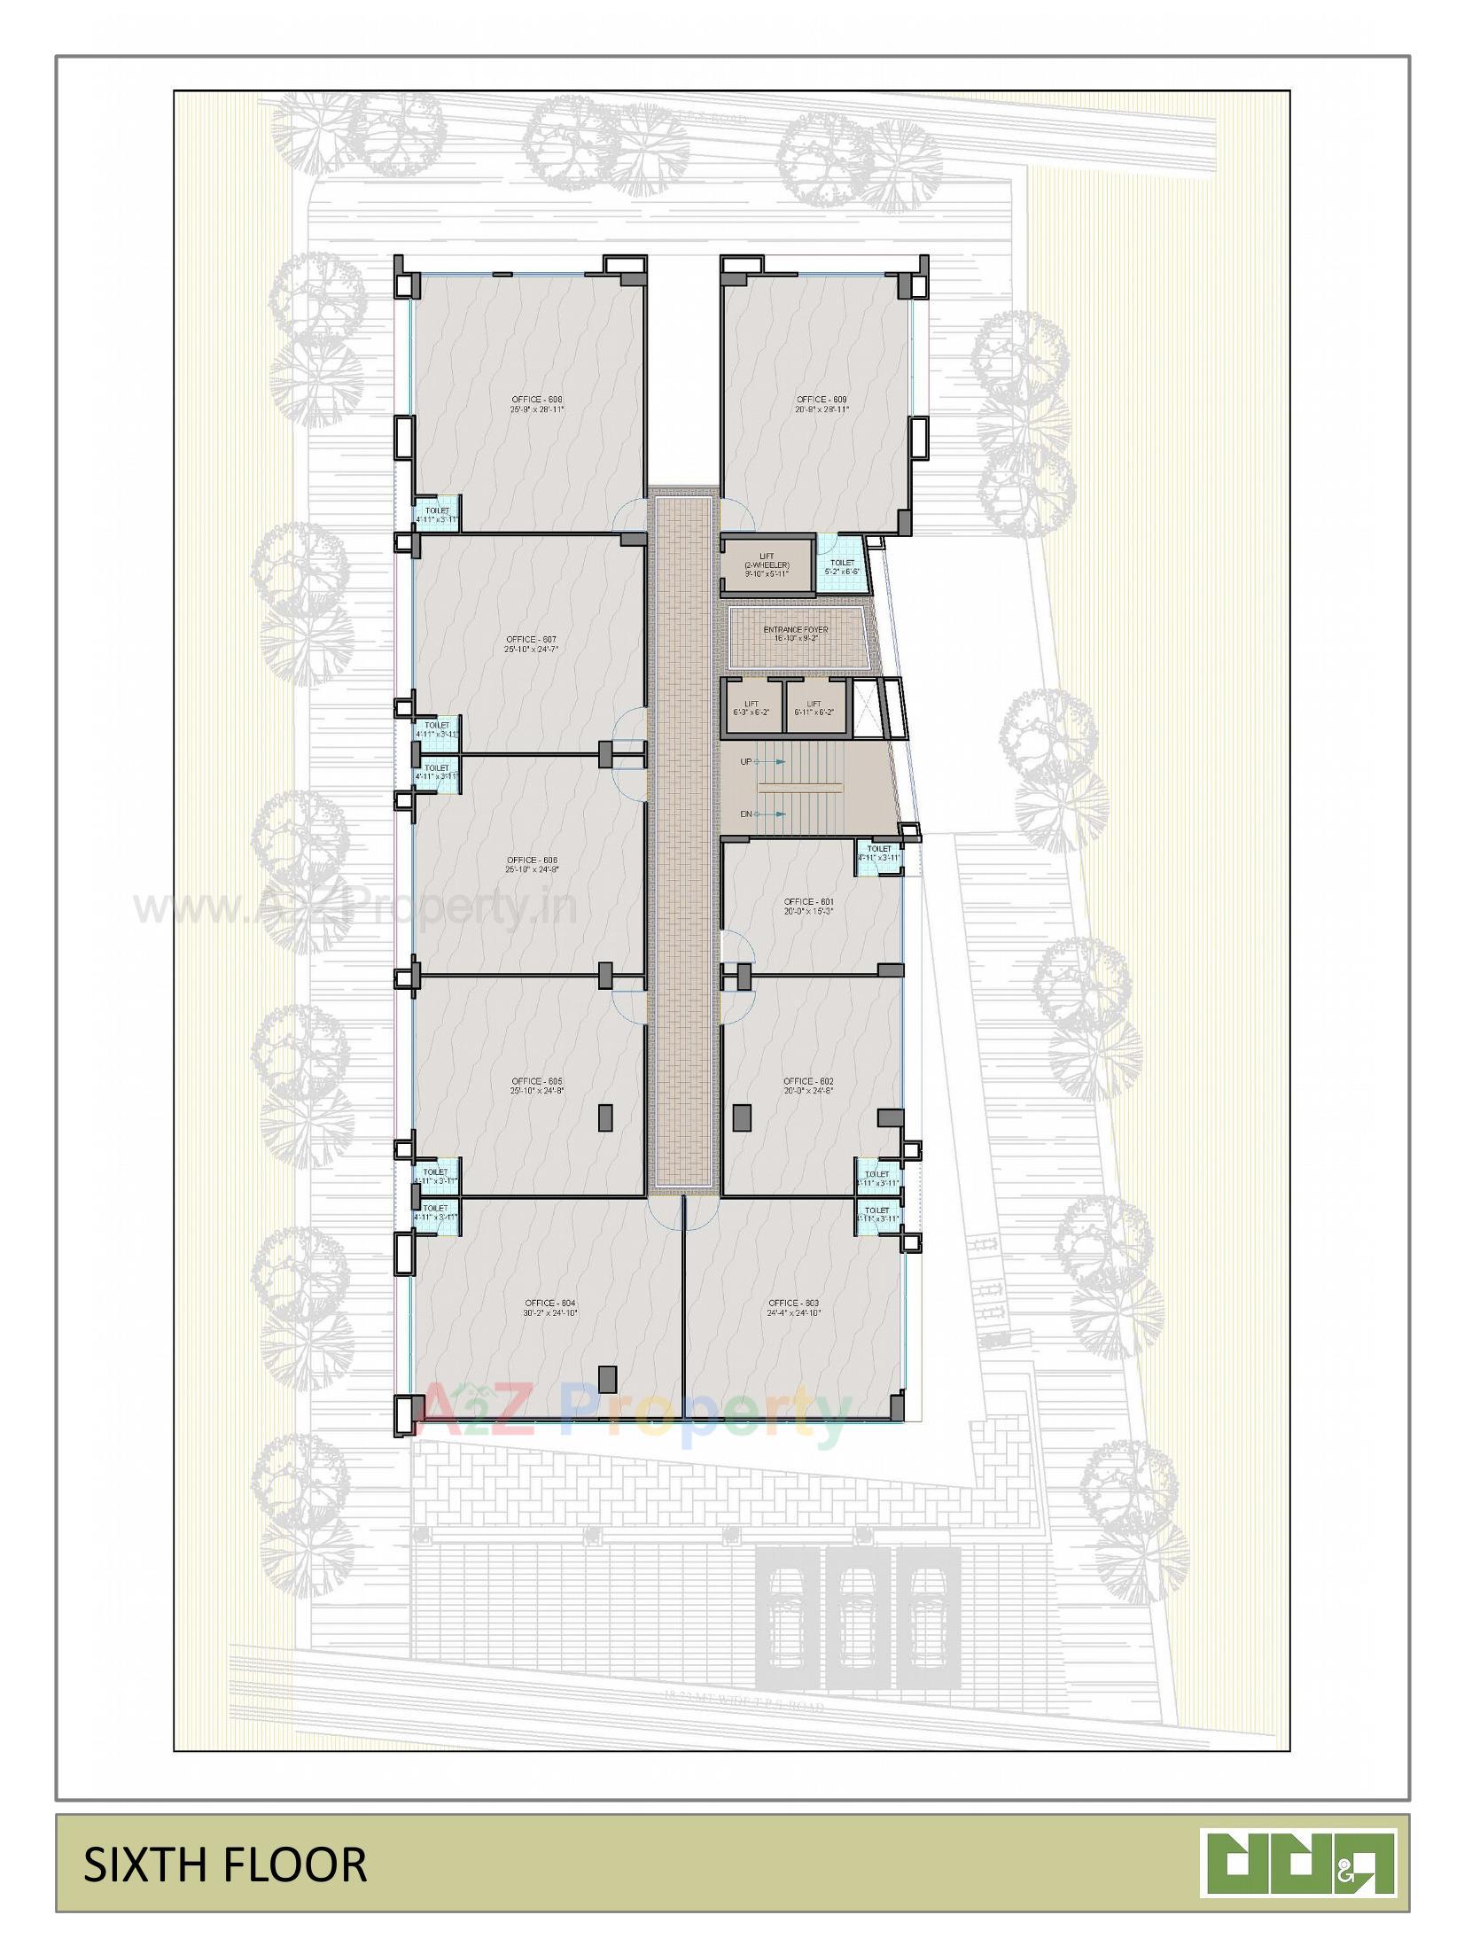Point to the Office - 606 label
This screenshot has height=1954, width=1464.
(532, 865)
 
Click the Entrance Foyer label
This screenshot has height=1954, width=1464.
(795, 634)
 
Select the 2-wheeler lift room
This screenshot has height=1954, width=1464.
(767, 564)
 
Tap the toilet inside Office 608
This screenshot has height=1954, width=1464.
(438, 514)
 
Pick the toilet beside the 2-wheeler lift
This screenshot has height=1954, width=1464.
(841, 566)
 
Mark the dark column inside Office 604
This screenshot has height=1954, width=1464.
(607, 1378)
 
